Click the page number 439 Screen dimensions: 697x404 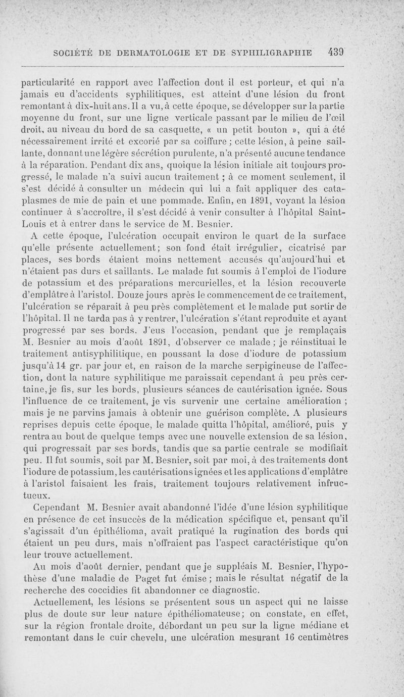(x=335, y=51)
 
